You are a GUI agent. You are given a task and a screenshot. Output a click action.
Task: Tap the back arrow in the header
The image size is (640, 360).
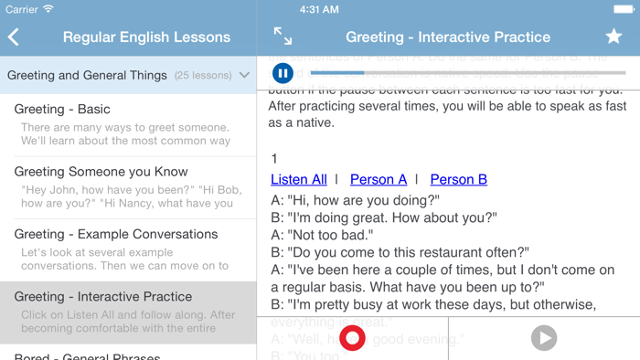(x=14, y=37)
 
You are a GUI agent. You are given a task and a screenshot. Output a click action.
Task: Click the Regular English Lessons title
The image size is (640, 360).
(x=146, y=37)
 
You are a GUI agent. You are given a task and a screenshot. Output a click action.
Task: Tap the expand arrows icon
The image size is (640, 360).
(x=283, y=37)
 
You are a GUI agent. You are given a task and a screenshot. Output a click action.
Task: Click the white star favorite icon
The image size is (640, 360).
(x=613, y=37)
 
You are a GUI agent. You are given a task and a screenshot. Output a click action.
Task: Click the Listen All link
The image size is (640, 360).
(x=299, y=180)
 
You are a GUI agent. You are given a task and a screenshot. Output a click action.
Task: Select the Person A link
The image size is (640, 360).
(x=378, y=180)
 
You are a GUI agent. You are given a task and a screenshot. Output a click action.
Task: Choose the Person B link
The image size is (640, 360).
(x=458, y=180)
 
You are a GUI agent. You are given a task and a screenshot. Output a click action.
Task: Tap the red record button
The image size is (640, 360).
(x=352, y=338)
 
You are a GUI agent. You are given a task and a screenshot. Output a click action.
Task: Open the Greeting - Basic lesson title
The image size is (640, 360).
(x=62, y=109)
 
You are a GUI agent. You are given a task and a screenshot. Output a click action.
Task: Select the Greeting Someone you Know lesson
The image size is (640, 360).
(x=101, y=172)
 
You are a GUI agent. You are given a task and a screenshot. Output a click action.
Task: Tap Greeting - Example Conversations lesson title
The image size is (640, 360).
(x=115, y=234)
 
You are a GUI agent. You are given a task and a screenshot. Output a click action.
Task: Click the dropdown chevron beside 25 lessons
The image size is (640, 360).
(x=244, y=76)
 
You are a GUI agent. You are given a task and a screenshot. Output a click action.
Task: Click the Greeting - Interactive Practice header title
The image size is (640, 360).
(x=448, y=37)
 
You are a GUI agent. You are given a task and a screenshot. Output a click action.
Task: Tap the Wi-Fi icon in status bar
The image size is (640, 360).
(x=48, y=9)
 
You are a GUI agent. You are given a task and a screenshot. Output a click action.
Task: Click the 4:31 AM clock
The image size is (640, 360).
(x=320, y=9)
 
